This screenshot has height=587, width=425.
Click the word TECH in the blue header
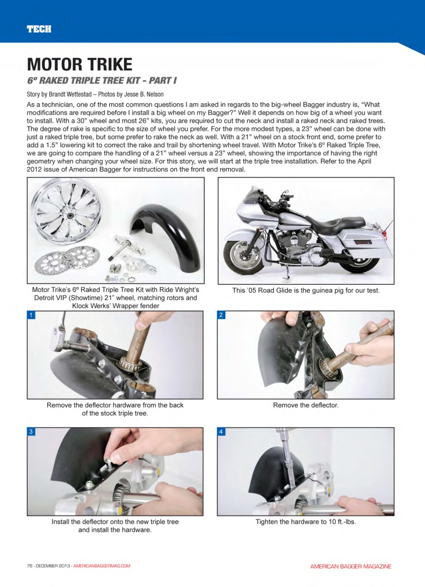coord(39,29)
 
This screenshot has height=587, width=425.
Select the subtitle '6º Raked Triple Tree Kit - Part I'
coord(101,81)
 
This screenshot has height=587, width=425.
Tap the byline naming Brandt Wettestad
coord(95,94)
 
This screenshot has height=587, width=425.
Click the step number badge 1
coord(31,315)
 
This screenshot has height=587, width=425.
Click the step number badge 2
coord(221,315)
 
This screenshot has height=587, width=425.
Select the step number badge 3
coord(31,432)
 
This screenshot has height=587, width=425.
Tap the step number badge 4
coord(221,432)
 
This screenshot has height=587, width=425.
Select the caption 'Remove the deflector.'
coord(306,405)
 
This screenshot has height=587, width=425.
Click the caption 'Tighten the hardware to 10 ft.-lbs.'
coord(306,522)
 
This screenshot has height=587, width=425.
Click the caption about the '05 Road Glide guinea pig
coord(306,290)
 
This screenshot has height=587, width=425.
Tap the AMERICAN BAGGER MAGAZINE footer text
coord(351,566)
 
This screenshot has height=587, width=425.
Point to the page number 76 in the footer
coord(30,566)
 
